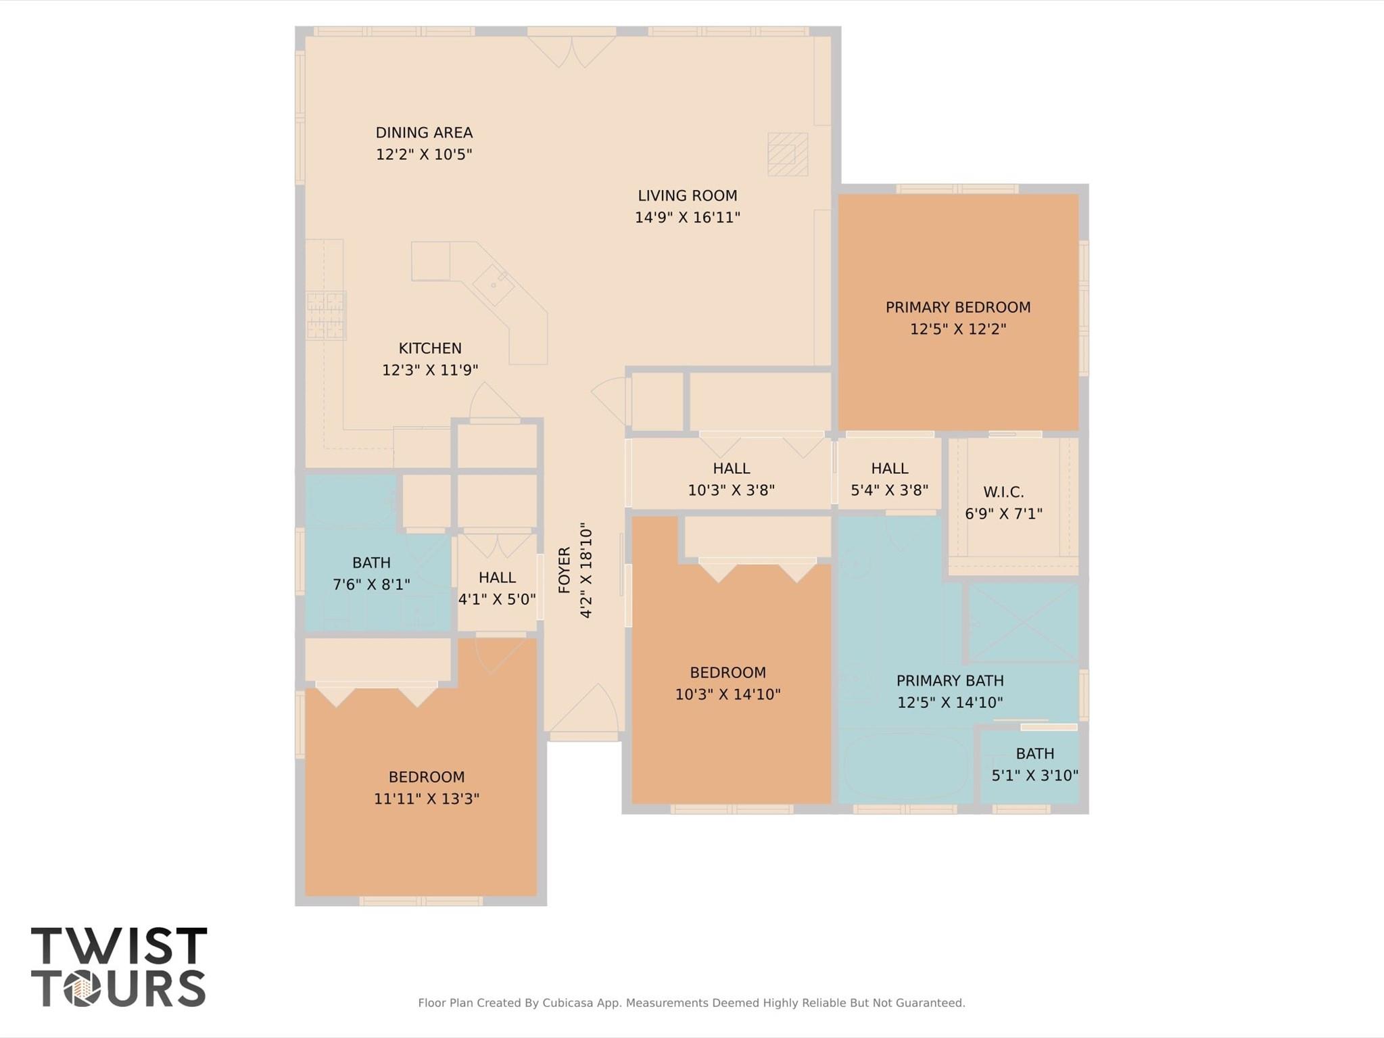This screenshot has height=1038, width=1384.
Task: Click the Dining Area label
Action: click(x=424, y=133)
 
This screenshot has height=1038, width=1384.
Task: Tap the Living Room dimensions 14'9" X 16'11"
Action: click(x=687, y=218)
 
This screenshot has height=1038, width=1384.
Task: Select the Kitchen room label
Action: click(x=430, y=348)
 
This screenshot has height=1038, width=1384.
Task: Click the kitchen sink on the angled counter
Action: click(x=494, y=285)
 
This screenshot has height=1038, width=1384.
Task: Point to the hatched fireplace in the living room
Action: click(x=788, y=154)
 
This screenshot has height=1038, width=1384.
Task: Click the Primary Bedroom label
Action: click(x=958, y=307)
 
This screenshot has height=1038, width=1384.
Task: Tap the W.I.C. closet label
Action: click(x=1003, y=492)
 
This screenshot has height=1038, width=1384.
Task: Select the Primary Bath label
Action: click(x=950, y=680)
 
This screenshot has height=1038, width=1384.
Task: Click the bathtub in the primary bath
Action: click(x=906, y=767)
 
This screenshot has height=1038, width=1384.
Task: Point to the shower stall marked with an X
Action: click(x=1024, y=622)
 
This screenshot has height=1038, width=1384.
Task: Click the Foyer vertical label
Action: click(x=565, y=570)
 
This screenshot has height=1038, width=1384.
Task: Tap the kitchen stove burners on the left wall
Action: click(x=326, y=315)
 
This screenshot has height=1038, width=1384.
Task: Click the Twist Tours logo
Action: click(x=119, y=967)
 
